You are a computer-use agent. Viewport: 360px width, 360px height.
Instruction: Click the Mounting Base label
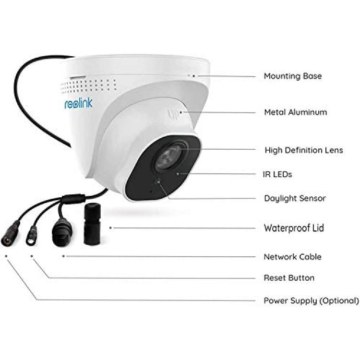tap(292, 76)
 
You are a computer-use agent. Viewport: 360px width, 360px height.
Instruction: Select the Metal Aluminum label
tap(296, 112)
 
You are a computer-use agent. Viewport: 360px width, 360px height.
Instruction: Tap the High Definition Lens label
tap(304, 150)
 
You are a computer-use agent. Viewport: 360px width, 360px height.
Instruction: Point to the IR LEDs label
tap(277, 174)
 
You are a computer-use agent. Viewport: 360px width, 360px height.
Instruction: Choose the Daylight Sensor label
tap(295, 198)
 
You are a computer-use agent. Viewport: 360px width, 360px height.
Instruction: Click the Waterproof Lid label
tap(294, 228)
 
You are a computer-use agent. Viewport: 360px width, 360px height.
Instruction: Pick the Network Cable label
tap(292, 257)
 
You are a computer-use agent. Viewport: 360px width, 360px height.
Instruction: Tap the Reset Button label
tap(289, 278)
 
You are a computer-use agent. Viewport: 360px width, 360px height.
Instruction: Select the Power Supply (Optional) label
tap(311, 300)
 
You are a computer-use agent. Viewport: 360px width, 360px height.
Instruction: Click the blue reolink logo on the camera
tap(78, 103)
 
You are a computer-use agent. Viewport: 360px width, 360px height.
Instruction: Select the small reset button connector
tap(32, 236)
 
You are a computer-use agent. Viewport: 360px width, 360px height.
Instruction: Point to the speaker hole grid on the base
tap(88, 86)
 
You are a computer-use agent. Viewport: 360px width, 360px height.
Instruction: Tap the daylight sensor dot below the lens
tap(158, 181)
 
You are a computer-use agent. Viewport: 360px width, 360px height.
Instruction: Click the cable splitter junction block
tap(73, 198)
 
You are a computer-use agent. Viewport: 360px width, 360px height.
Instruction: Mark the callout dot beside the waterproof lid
tap(110, 228)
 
